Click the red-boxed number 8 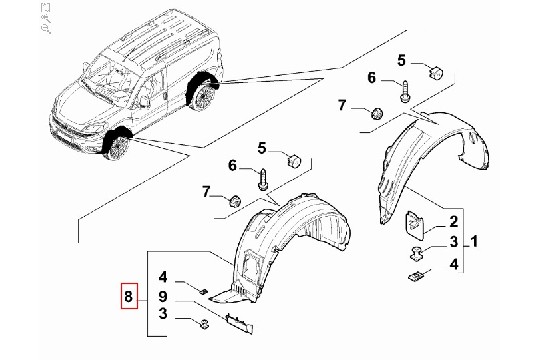[129, 296]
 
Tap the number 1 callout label [474, 241]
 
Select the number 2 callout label [454, 222]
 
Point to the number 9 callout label [163, 296]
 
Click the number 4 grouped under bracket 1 [454, 265]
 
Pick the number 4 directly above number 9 [163, 277]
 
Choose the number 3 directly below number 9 [163, 314]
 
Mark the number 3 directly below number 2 [454, 242]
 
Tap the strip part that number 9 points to [239, 323]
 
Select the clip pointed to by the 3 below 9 [205, 324]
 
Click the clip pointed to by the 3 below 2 [416, 254]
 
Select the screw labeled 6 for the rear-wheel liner [405, 91]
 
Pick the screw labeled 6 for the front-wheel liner [263, 179]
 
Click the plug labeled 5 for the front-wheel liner [294, 161]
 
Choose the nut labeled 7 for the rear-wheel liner [377, 113]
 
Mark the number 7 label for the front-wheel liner [206, 192]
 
